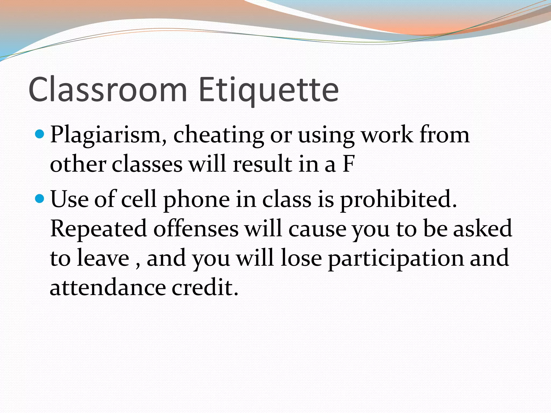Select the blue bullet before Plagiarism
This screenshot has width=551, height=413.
click(x=40, y=134)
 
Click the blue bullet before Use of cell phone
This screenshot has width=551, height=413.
click(x=40, y=199)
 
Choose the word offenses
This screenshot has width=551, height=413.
click(x=196, y=229)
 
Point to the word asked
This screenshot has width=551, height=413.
click(x=483, y=229)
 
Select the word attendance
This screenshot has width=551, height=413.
click(x=108, y=288)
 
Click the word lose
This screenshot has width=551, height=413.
click(x=301, y=258)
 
